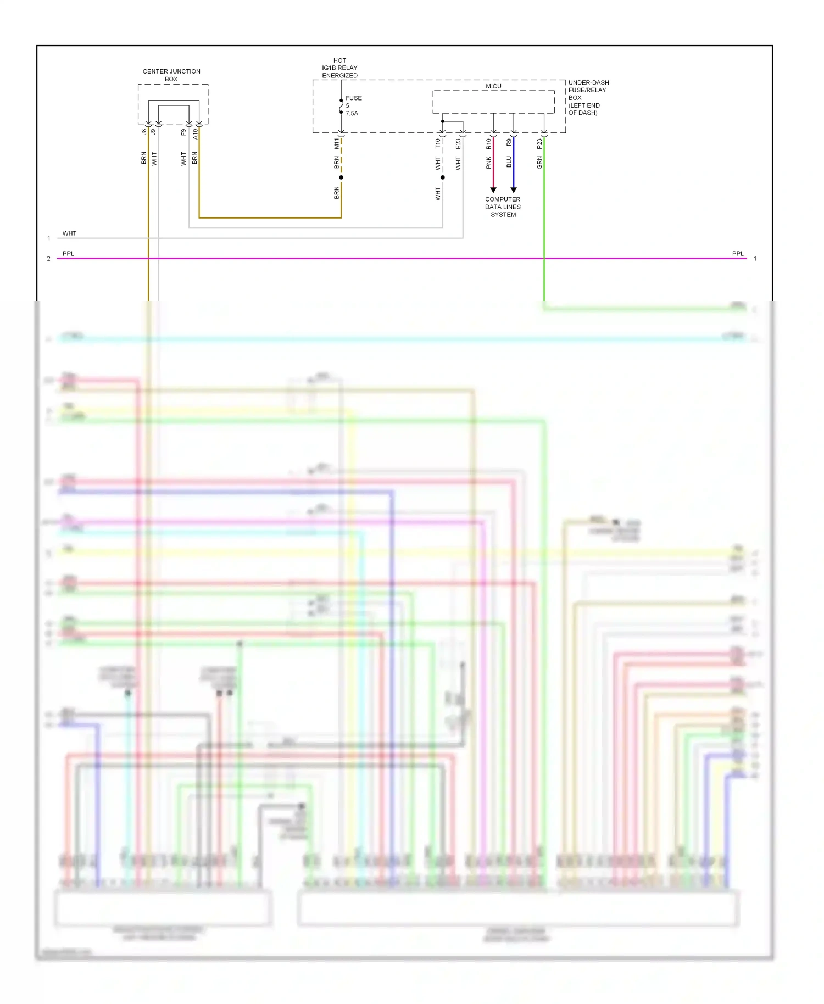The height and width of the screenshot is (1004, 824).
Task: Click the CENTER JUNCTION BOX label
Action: (x=171, y=75)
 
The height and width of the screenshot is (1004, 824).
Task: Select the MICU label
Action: (x=493, y=86)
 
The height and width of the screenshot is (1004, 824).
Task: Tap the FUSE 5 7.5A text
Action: (x=353, y=105)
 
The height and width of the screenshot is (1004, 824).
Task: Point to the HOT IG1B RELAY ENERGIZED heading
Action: (x=339, y=68)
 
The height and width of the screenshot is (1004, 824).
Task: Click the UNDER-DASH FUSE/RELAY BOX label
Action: (x=588, y=97)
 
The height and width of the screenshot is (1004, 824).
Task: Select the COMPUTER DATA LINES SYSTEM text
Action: (x=503, y=207)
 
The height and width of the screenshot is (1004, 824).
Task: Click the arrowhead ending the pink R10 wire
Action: (x=493, y=190)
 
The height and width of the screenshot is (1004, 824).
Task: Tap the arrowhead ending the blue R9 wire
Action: (x=514, y=190)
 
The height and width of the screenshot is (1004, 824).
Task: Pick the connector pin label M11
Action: (x=337, y=144)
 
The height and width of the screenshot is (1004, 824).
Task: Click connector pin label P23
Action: (x=539, y=143)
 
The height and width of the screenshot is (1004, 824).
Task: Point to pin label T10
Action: (x=438, y=143)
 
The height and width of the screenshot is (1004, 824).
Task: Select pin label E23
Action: (x=458, y=143)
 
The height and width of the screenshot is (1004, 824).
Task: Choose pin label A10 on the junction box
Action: (x=195, y=133)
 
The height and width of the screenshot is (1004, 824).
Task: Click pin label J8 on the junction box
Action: (x=144, y=132)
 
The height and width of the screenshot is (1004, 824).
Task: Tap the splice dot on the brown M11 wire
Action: (x=341, y=177)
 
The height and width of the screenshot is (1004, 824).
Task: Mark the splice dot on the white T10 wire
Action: (x=443, y=177)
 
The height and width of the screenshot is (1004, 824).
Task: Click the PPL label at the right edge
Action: (x=737, y=254)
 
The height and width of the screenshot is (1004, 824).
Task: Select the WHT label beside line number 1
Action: (x=69, y=233)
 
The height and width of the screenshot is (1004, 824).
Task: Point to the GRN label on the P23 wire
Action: (x=539, y=162)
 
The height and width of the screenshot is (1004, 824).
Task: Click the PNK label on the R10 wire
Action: (x=488, y=163)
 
